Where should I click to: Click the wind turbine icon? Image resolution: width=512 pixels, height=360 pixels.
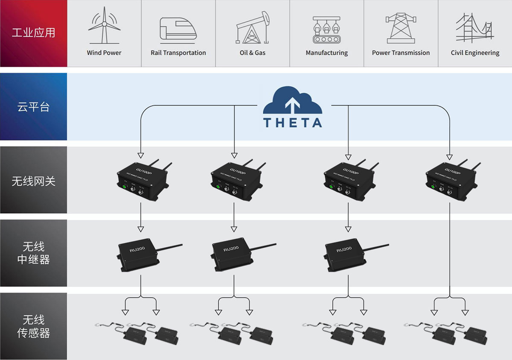coord(104,26)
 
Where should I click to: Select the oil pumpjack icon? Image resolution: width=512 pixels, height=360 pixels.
coord(253,28)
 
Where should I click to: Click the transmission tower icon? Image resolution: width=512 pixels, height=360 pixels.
coord(401,28)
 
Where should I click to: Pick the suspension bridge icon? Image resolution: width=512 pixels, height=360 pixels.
coord(474,28)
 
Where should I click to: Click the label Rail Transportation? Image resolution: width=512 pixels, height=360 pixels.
coord(178,53)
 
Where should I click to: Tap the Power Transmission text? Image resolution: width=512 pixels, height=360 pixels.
coord(401,53)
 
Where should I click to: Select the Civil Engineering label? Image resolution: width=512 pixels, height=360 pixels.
coord(475,53)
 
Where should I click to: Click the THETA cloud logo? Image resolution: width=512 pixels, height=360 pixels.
coord(292,108)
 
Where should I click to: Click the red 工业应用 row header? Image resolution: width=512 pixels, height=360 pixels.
coord(34,33)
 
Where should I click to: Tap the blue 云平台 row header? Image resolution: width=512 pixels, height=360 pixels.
coord(34,107)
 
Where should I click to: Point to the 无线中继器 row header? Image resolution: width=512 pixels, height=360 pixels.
coord(34,253)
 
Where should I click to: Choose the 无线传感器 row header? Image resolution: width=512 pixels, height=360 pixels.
coord(34,326)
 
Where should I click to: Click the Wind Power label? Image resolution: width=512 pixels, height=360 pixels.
coord(104,53)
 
